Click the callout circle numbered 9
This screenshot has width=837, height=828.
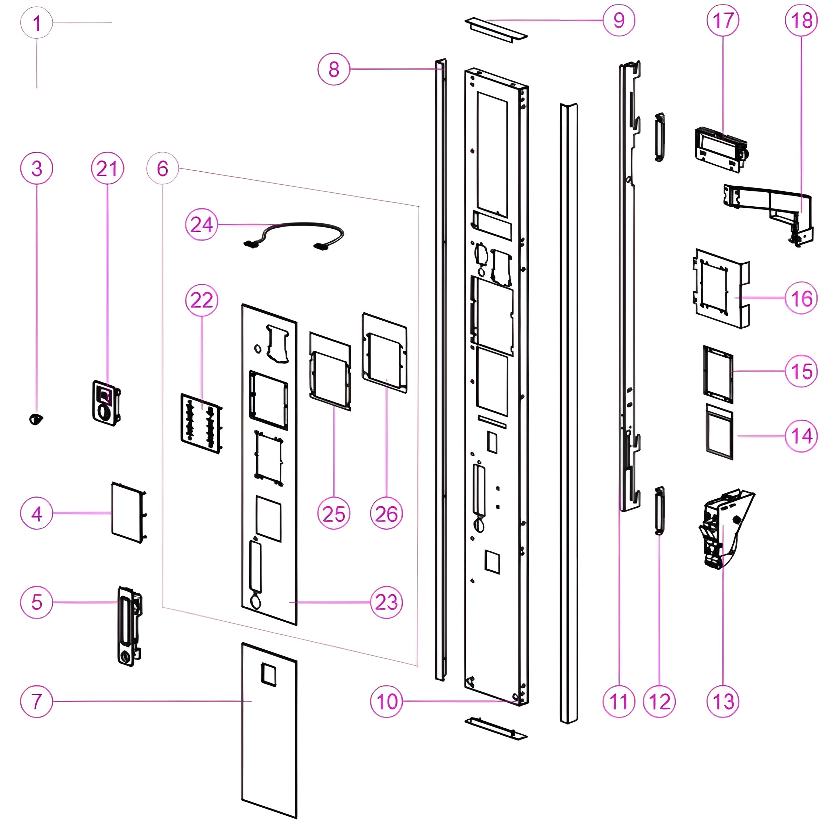pos(619,20)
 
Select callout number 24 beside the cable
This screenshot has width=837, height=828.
pos(202,224)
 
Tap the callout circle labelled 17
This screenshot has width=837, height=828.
pos(723,20)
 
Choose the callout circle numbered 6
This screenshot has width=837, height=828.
pos(162,169)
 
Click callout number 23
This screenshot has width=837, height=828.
pos(386,602)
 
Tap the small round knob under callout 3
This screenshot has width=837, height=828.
pos(36,419)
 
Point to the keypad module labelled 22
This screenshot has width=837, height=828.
pos(201,423)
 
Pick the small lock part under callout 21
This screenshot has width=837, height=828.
pos(106,403)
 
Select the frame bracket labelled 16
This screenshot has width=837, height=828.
pos(721,288)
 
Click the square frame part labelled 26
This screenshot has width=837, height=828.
pos(384,352)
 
